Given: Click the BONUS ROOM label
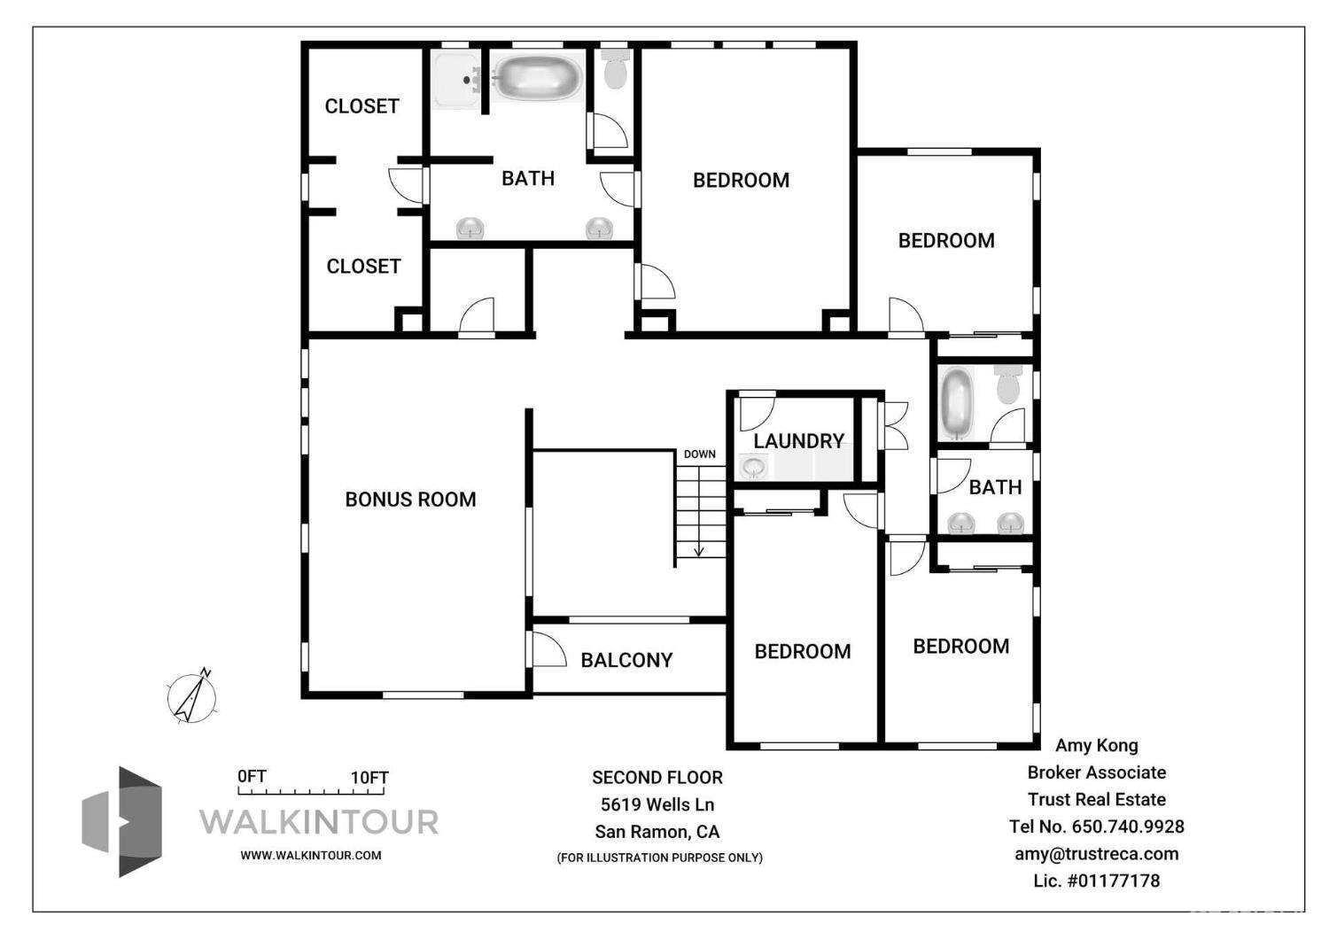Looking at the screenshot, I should [x=410, y=500].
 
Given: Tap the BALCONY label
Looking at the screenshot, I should [x=626, y=660].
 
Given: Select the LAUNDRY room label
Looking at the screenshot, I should [x=798, y=440].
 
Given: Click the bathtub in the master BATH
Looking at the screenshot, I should [x=537, y=78].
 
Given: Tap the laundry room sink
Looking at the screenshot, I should [x=754, y=466].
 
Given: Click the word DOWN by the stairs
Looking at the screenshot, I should [x=699, y=454].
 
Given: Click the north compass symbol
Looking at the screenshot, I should [x=192, y=697].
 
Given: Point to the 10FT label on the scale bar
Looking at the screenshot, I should [x=369, y=778].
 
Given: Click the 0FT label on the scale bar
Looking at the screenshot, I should [x=252, y=776].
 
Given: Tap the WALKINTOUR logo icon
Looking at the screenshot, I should [x=123, y=821].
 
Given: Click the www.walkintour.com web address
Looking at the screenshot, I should [x=311, y=856].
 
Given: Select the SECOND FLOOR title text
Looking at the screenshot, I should [x=657, y=778].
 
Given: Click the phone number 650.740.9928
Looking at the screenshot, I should [x=1128, y=826].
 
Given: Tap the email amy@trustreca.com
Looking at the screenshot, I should [x=1096, y=854].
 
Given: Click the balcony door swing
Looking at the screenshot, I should [x=548, y=649].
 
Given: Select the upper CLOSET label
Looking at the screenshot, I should [x=361, y=106].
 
